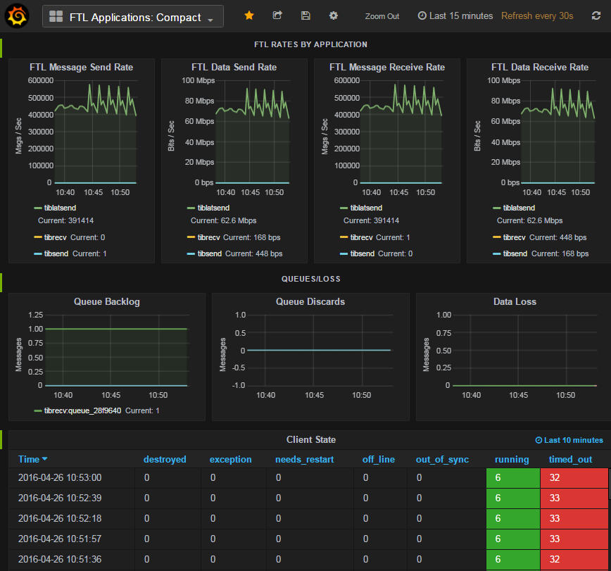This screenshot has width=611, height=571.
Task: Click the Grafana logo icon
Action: [17, 16]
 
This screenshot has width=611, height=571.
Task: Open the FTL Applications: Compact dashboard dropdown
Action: [133, 17]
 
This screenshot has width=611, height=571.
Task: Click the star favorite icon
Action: [249, 15]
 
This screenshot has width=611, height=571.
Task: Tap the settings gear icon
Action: [333, 15]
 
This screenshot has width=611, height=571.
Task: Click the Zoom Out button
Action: [382, 16]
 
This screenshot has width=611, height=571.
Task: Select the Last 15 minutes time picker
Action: [455, 15]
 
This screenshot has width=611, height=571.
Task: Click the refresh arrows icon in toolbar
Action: [596, 15]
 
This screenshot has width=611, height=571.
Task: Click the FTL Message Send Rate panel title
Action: [81, 68]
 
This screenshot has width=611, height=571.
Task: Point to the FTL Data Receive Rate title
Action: [539, 68]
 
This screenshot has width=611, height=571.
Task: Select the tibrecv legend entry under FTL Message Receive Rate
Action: [360, 237]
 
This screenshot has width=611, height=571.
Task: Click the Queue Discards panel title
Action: [310, 301]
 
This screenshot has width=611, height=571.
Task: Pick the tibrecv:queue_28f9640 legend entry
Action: [82, 410]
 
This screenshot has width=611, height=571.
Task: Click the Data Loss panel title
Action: [515, 301]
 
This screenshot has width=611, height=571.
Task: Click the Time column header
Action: [29, 460]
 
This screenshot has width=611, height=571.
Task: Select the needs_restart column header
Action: [304, 460]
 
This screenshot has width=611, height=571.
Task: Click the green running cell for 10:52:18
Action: [512, 518]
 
